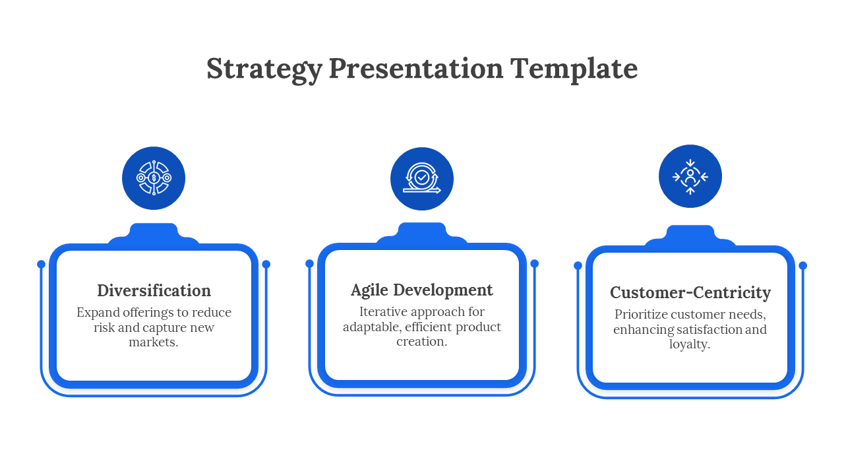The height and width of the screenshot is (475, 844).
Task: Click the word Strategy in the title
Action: pos(264,69)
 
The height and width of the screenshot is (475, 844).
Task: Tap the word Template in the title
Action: pos(574,69)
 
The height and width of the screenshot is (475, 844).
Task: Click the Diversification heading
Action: pos(154,290)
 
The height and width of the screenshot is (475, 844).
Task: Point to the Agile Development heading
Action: pos(422,290)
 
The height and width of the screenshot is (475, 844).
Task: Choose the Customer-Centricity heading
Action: pos(690,292)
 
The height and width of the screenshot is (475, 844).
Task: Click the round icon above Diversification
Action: pos(154,178)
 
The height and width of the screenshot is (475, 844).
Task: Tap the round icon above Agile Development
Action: pos(422,179)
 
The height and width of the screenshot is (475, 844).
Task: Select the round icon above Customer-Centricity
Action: pos(690,176)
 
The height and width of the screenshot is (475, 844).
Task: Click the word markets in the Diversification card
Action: pos(152,342)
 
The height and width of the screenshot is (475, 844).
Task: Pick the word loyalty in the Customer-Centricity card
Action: pos(688,344)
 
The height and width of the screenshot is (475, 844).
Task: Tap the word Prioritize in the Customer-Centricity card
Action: pos(641,315)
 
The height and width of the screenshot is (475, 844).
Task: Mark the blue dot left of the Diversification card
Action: pos(41,264)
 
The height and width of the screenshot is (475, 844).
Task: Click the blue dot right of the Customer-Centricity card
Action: pos(803,265)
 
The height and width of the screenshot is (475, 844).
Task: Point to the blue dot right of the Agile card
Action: pos(535,263)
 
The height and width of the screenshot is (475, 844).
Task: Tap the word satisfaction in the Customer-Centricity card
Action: pos(709,329)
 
